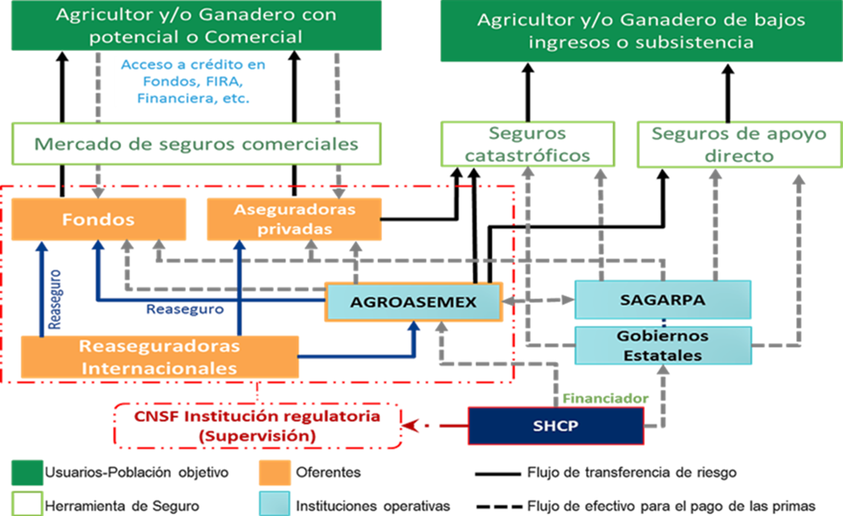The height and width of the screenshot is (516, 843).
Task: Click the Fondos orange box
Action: click(99, 219)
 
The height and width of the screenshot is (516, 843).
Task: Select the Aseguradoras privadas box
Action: click(294, 219)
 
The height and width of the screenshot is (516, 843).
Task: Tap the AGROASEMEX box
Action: click(414, 302)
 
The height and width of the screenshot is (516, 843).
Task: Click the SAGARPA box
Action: click(662, 299)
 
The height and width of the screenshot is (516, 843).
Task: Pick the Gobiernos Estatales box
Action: click(662, 345)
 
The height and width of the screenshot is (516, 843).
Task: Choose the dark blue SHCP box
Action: click(555, 426)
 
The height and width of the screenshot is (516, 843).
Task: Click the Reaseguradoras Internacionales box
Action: click(159, 357)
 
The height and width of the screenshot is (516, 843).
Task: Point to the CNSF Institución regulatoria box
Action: click(257, 426)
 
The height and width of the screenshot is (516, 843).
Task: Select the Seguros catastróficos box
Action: click(527, 144)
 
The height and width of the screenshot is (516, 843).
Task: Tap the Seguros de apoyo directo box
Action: click(739, 145)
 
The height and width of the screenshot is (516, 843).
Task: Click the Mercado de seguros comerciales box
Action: click(196, 144)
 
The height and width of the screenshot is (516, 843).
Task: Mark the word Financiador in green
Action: click(605, 399)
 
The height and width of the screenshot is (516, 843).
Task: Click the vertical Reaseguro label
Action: click(55, 299)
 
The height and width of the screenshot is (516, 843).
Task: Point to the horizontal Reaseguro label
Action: click(185, 310)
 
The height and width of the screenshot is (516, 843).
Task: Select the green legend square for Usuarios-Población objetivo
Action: click(27, 473)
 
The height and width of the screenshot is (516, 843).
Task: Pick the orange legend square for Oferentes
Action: click(274, 473)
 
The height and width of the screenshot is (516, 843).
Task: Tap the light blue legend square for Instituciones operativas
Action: click(274, 504)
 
